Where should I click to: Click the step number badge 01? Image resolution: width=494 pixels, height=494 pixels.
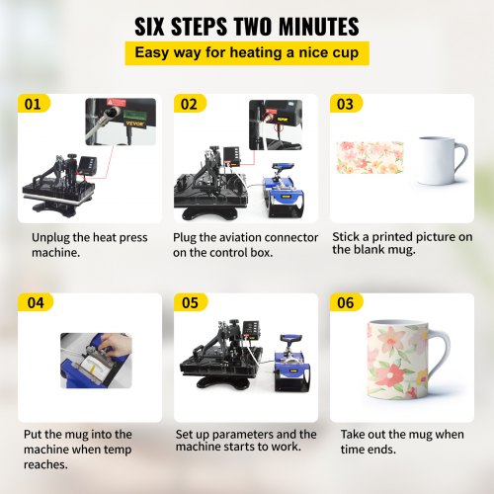34,104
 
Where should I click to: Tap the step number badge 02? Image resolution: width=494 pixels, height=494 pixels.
190,104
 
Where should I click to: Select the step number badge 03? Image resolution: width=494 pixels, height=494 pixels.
346,104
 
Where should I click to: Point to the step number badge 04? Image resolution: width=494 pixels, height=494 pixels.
36,302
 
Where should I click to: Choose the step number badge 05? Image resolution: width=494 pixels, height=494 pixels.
191,302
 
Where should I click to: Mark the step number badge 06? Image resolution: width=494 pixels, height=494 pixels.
346,302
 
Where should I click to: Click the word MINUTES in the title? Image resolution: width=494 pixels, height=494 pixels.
319,27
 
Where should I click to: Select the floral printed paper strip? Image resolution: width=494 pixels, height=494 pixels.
370,157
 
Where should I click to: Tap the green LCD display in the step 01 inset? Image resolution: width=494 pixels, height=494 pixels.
133,116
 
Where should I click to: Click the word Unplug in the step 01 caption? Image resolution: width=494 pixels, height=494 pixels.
50,238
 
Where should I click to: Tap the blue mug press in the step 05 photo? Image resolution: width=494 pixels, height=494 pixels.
292,363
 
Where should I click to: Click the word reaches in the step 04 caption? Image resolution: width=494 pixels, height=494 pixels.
45,464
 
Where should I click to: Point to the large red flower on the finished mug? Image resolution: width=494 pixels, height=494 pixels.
392,375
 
